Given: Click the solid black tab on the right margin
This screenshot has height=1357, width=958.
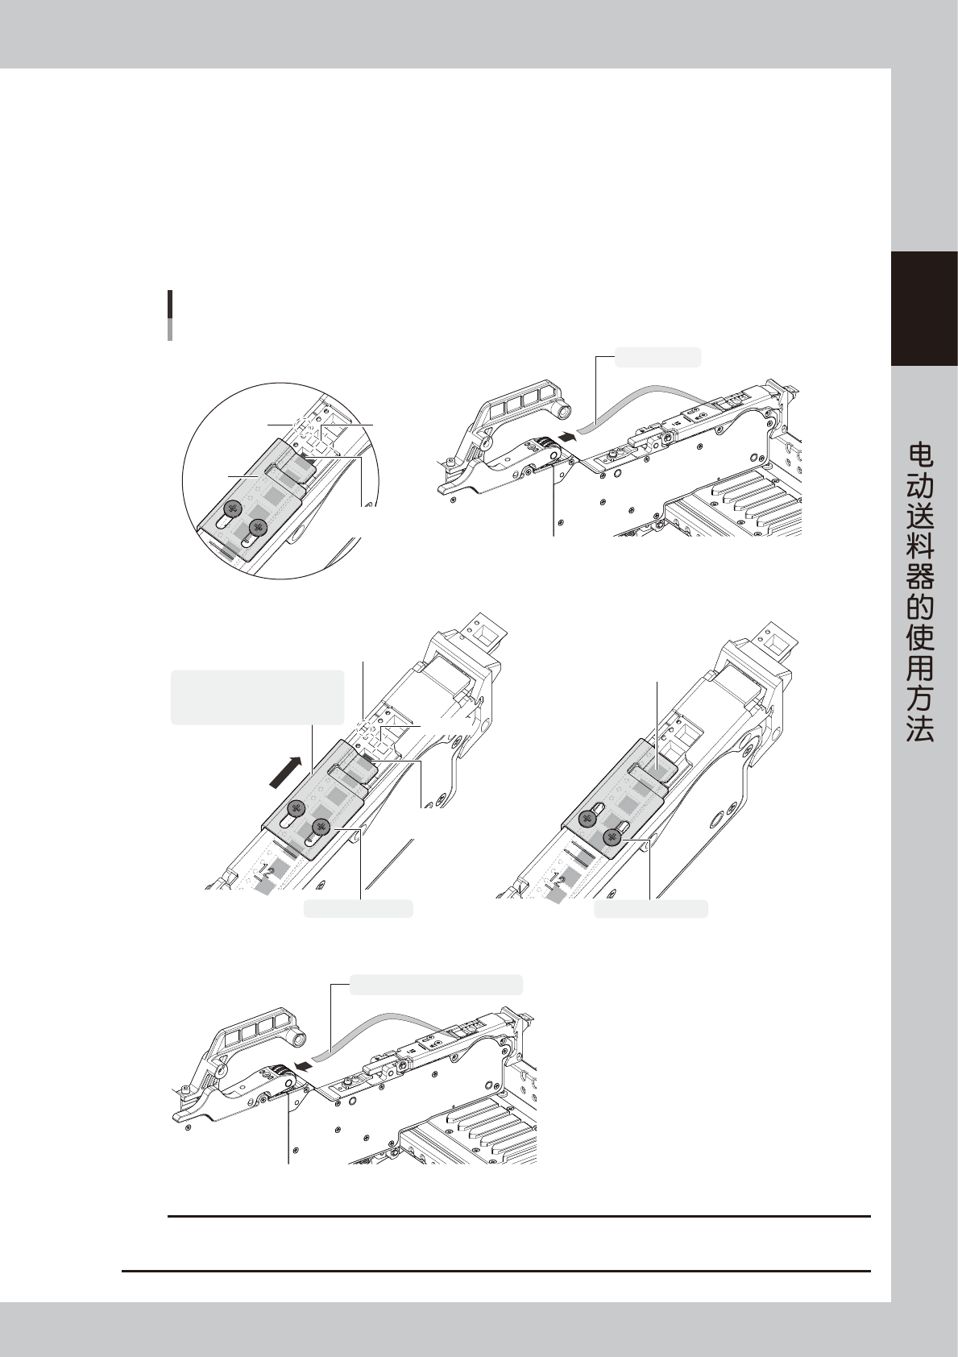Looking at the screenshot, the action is point(923,309).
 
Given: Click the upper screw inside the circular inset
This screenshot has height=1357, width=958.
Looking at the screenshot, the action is point(233,508).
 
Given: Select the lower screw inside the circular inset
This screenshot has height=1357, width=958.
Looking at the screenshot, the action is point(258,529).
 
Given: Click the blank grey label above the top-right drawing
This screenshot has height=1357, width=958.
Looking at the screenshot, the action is point(657,357).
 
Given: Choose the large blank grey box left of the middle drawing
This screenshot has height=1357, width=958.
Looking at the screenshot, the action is point(258,696).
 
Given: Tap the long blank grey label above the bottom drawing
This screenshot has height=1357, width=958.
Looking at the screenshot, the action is point(436,984).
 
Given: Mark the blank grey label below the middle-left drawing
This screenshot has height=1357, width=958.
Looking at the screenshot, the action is point(358,909).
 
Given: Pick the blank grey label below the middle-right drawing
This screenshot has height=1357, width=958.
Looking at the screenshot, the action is point(650,909).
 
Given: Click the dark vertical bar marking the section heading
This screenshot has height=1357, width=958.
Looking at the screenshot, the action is point(170,315).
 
